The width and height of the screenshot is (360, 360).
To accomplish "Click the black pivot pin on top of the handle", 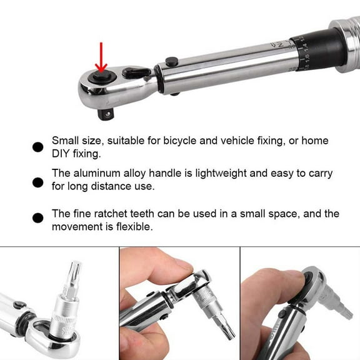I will pos(172,61).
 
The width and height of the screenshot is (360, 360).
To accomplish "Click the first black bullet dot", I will pos(37,147).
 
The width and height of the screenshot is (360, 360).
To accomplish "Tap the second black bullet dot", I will pos(37,182).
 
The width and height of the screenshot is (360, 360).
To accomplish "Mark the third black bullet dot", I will pos(37,217).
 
